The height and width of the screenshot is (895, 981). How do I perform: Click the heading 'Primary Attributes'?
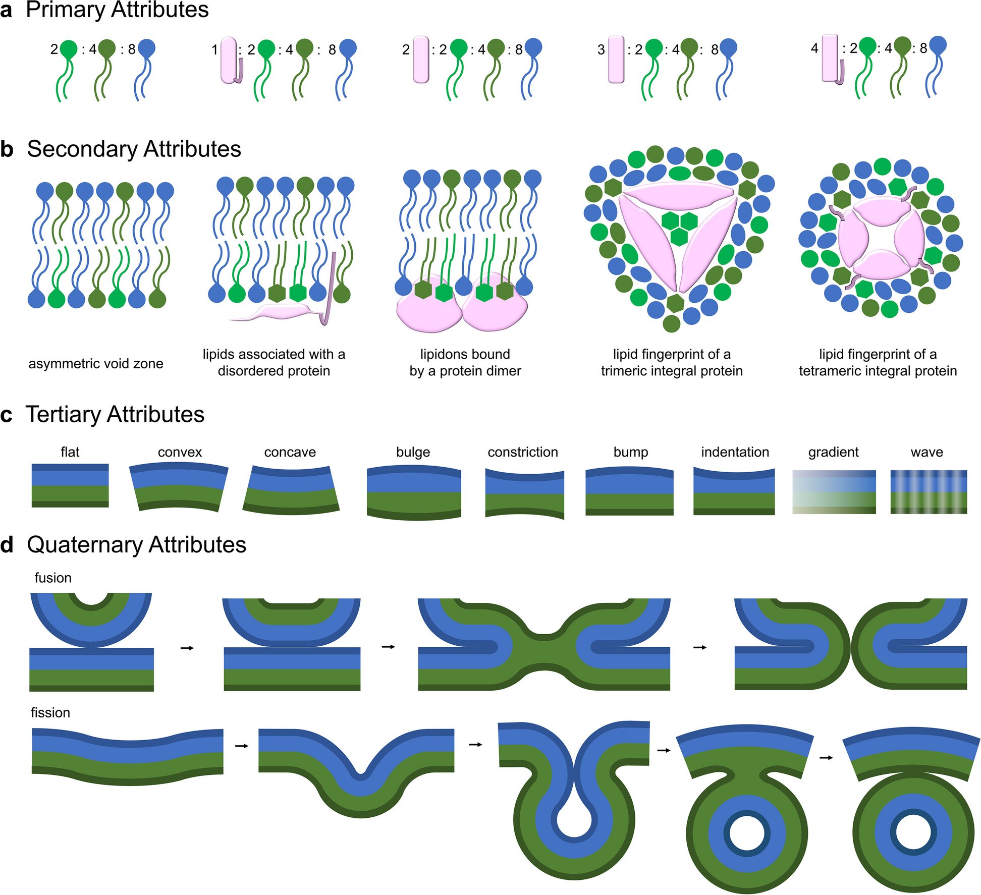click(117, 10)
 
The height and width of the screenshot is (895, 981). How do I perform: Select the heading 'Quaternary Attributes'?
click(136, 545)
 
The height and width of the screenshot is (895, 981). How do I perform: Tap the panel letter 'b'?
click(7, 149)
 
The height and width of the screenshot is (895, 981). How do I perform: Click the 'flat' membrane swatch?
click(70, 485)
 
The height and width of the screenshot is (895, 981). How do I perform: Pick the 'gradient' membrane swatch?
click(834, 492)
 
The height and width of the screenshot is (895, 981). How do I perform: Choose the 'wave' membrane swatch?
click(929, 492)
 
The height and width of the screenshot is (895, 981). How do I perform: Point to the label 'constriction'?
click(523, 452)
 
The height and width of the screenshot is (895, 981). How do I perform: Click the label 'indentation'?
click(735, 452)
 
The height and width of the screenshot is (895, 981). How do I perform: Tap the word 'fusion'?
click(53, 578)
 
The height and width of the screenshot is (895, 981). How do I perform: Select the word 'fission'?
click(50, 712)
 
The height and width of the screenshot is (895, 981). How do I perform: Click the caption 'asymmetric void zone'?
click(96, 363)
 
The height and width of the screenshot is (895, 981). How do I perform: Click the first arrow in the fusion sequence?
click(187, 648)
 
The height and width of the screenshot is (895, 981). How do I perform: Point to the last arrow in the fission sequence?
click(826, 757)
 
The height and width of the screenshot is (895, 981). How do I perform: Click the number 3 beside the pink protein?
click(601, 49)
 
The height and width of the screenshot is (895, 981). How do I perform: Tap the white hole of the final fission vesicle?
click(913, 832)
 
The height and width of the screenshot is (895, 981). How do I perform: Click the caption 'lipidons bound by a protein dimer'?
click(465, 362)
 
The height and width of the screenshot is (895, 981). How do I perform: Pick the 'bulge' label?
click(413, 452)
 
